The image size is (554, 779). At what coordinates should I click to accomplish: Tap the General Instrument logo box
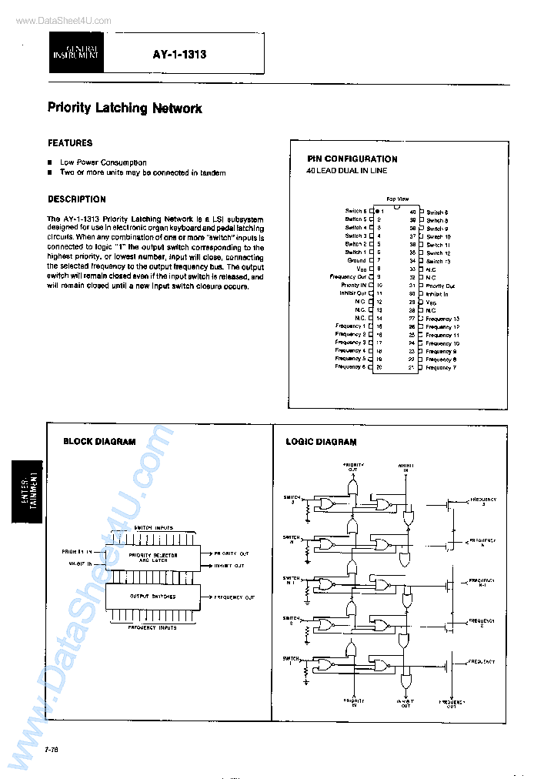coord(75,53)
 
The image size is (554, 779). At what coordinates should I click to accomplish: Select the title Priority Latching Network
coord(125,108)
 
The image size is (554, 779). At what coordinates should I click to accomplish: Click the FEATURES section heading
coord(70,143)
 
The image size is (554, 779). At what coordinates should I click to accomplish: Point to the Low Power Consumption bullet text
coord(103,162)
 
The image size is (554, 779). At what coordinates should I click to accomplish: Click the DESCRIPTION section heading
coord(77,199)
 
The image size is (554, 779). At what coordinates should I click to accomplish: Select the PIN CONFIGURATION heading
coord(352,159)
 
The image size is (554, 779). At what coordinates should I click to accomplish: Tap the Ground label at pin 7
coord(357,260)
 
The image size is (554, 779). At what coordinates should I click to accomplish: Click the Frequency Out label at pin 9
coord(348,276)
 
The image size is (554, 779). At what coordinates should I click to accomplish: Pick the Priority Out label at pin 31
coord(440,286)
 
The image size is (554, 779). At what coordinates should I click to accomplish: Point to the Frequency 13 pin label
coord(442,318)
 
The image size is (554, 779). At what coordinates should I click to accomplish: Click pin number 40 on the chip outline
coord(412,212)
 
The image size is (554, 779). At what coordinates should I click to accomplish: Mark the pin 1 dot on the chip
coord(375,211)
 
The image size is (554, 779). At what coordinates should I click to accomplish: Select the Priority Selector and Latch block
coord(152,557)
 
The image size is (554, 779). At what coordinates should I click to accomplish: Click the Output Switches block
coord(152,597)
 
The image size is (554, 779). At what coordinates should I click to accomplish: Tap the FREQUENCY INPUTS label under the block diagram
coord(152,627)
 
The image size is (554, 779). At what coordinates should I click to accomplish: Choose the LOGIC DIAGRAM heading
coord(321,442)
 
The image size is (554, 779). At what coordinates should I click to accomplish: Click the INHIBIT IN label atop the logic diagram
coord(405,466)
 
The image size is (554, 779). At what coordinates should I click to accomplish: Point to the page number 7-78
coord(54,749)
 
